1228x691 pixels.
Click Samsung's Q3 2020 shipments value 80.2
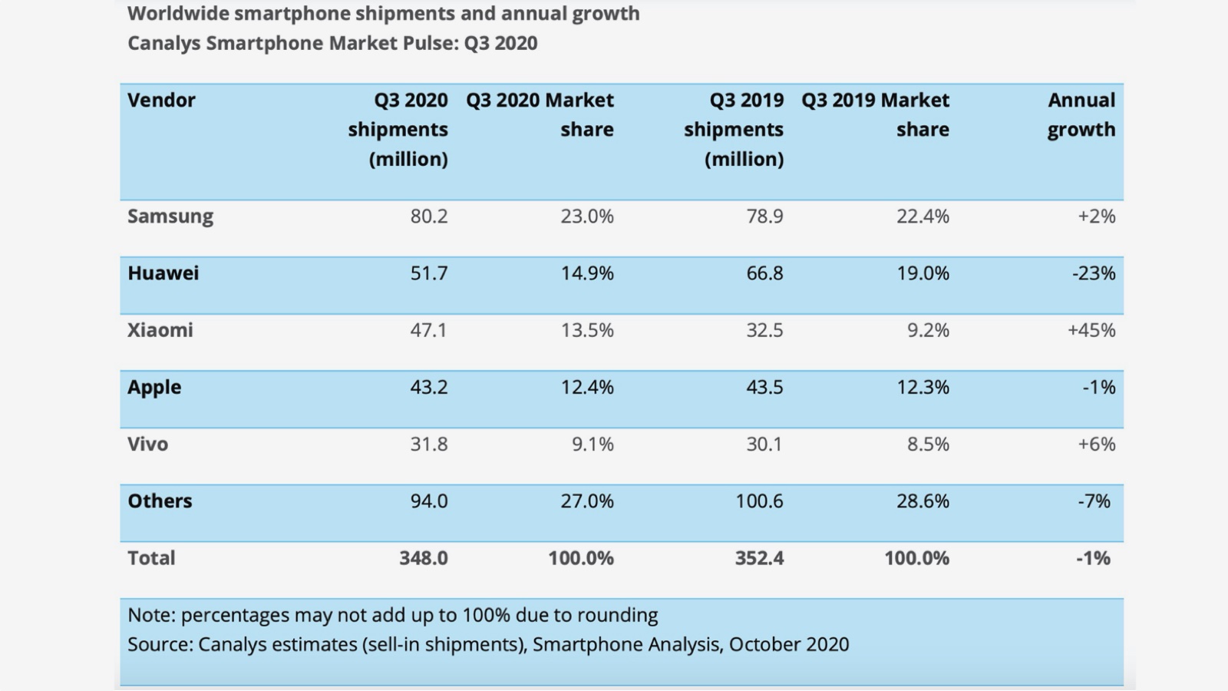coord(428,217)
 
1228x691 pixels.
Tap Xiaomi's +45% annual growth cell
coord(1091,330)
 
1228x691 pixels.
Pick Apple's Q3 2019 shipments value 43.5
coord(764,387)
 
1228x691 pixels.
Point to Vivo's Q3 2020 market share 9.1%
coord(592,444)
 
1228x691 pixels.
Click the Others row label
coord(160,501)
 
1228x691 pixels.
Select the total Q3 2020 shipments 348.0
coord(423,558)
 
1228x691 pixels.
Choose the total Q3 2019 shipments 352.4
coord(759,558)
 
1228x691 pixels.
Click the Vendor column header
coord(161,100)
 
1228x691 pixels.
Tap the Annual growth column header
coord(1081,114)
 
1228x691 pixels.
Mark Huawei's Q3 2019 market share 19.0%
coord(923,273)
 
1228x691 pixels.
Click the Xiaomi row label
coord(160,330)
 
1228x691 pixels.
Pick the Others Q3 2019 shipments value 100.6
coord(759,501)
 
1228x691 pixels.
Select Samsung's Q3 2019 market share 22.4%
coord(923,217)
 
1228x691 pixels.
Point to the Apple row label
coord(154,387)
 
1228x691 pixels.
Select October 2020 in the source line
coord(788,644)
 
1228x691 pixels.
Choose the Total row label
coord(151,558)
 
